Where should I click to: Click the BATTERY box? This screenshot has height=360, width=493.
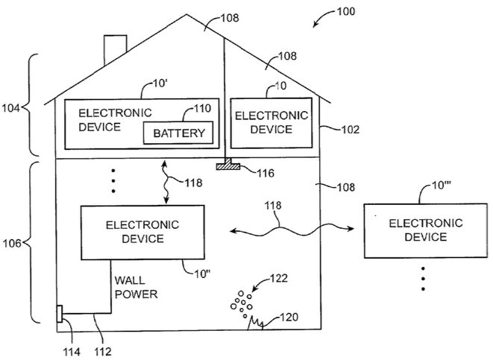[x=178, y=133]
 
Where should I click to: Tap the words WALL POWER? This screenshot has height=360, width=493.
[x=136, y=288]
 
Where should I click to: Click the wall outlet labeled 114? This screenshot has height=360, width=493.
[x=59, y=315]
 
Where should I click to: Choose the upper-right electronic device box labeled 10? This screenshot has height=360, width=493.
[x=271, y=121]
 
